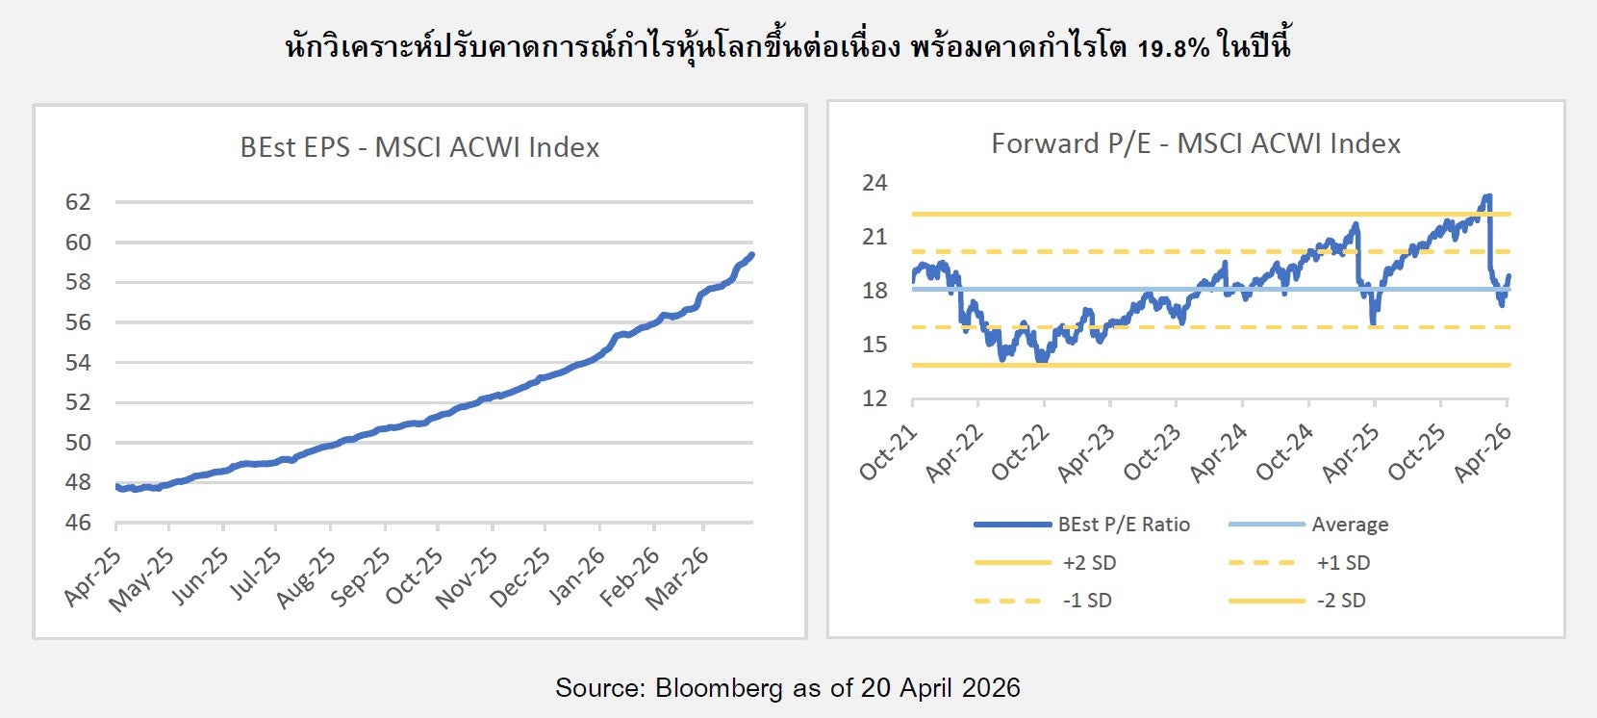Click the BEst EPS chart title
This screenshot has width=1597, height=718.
tap(419, 147)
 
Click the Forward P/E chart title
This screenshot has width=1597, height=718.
tap(1196, 143)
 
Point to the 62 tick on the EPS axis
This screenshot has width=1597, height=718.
tap(78, 202)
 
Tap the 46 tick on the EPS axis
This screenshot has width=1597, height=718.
tap(78, 523)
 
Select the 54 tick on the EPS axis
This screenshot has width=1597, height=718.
tap(78, 363)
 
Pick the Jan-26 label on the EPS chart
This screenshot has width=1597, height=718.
tap(577, 576)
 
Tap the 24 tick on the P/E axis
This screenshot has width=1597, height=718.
tap(874, 183)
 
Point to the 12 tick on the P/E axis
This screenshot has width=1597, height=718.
tap(874, 398)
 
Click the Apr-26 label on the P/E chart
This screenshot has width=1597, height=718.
tap(1483, 452)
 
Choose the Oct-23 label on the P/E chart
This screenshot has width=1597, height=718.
tap(1153, 452)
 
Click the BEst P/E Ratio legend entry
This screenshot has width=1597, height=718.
tap(1124, 525)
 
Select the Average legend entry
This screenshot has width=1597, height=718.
tap(1350, 525)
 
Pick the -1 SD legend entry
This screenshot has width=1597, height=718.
tap(1087, 601)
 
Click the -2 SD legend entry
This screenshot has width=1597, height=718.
tap(1341, 601)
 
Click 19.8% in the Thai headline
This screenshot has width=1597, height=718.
tap(1173, 47)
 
